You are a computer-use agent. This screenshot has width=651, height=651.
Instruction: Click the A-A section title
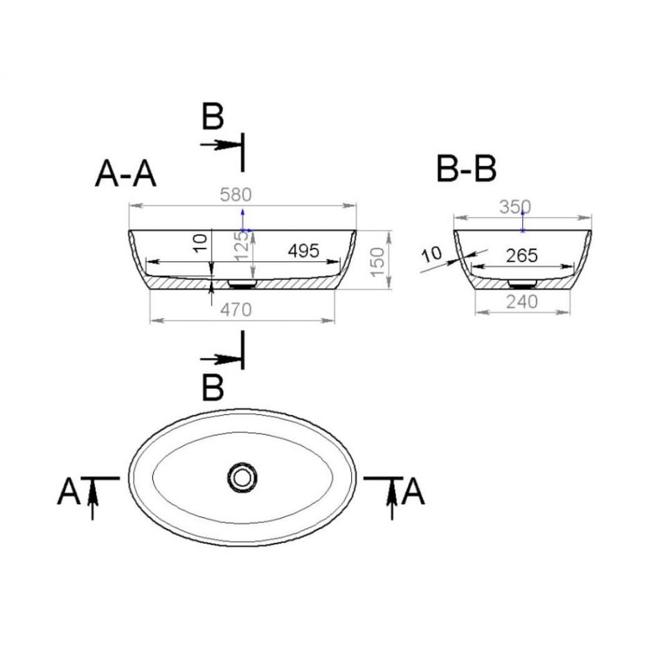point(125,175)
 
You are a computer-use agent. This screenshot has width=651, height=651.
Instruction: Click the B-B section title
point(466,169)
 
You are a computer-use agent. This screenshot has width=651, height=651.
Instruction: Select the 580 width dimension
point(236,195)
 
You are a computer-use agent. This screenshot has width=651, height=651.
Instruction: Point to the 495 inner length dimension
point(304,251)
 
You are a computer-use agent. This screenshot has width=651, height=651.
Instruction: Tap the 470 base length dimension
point(236,310)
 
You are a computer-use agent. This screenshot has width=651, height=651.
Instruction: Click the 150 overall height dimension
point(378,262)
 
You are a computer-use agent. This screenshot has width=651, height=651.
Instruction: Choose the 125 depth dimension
point(242,246)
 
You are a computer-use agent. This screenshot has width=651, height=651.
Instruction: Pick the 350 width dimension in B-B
point(515,207)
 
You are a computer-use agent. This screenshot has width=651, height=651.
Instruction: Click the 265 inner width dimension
point(522,256)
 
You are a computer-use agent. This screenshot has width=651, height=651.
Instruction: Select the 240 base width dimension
point(522,302)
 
